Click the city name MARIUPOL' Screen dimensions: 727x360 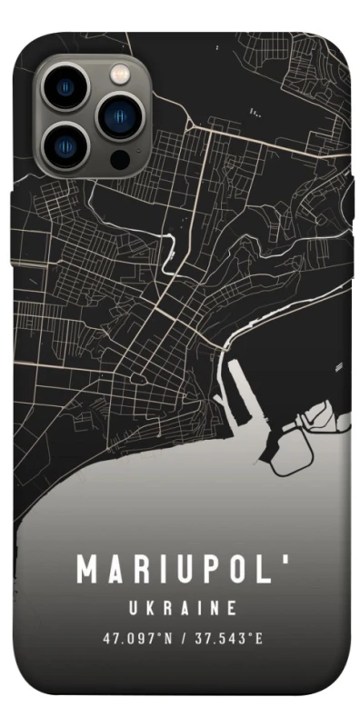[181, 571]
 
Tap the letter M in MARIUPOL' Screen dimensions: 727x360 [88, 571]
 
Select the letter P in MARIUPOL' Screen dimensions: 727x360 [208, 571]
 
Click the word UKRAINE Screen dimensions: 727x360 [181, 606]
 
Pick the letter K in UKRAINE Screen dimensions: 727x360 [149, 606]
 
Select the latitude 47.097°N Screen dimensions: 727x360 [137, 637]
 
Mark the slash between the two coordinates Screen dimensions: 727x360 [183, 637]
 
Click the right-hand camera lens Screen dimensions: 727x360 [117, 115]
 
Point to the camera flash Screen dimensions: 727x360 [118, 74]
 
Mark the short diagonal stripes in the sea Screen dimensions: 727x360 [340, 367]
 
